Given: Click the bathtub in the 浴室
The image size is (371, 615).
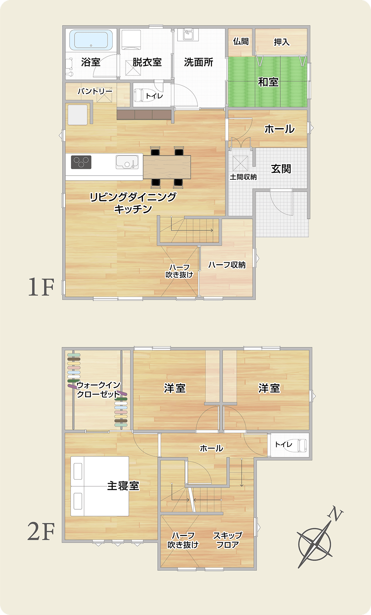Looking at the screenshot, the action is [x=91, y=40].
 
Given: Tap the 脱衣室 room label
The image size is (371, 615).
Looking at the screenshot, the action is [x=147, y=62].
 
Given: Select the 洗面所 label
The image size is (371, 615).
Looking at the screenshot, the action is [x=199, y=62].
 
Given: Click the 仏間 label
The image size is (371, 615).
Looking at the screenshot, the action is [x=241, y=42].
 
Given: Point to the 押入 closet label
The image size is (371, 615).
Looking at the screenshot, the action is [x=282, y=42].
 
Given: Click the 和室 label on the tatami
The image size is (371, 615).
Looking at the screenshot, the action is [x=268, y=82].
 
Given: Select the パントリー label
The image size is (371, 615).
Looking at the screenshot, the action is [x=95, y=91].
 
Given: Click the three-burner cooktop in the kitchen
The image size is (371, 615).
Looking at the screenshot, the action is [x=81, y=162].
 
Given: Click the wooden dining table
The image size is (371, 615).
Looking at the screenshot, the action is [x=167, y=167].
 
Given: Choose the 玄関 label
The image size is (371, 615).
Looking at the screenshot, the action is [x=281, y=169].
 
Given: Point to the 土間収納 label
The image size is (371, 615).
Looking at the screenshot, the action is [x=243, y=177].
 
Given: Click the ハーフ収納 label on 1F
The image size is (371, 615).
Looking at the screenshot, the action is [x=227, y=265].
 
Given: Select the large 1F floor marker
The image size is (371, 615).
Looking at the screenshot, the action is [x=41, y=287].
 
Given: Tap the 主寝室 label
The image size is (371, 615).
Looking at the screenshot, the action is [x=123, y=486].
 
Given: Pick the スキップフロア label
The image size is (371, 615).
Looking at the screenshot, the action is [x=227, y=540].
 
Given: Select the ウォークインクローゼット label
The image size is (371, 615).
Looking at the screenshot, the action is [x=98, y=390].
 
